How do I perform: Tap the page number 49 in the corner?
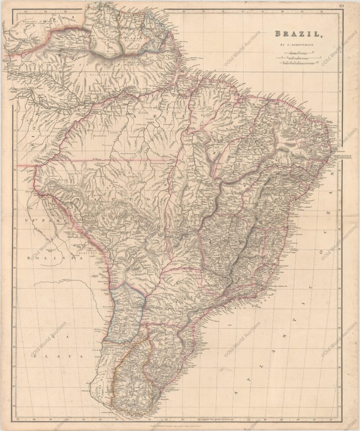click(x=341, y=5)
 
